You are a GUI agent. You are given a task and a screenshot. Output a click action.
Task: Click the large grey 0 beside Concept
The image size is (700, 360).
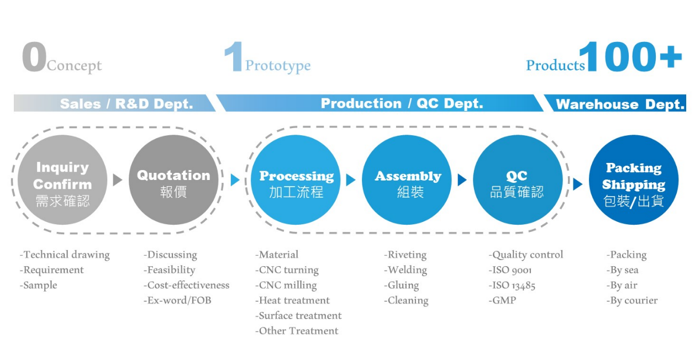[34, 56]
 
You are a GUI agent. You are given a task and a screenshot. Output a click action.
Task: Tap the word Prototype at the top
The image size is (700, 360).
[278, 66]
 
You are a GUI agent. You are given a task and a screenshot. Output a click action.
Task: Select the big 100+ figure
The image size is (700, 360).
[630, 56]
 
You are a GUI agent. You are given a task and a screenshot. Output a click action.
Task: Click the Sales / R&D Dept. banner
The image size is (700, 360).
[115, 103]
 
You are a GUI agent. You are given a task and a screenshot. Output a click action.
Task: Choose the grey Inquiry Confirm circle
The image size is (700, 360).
[62, 180]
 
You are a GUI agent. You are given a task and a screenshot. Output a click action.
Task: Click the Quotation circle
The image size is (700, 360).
[173, 180]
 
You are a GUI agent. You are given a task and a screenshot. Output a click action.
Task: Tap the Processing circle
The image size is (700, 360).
[296, 180]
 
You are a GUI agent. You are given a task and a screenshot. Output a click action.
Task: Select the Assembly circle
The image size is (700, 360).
[407, 180]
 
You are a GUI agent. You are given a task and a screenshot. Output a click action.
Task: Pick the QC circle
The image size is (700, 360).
[518, 180]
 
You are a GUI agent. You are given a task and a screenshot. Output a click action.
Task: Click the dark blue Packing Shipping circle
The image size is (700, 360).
[634, 180]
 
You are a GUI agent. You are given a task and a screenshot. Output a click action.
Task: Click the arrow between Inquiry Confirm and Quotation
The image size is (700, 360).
[117, 180]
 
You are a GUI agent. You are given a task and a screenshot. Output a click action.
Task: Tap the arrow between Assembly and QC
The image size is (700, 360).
[462, 180]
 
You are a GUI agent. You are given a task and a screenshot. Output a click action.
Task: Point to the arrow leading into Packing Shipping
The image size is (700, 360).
[578, 184]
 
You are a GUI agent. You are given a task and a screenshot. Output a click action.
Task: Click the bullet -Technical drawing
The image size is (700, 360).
[65, 255]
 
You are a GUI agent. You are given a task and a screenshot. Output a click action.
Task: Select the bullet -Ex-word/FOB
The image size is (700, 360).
[177, 300]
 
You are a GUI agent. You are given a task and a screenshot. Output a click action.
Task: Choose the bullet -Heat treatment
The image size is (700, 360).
[292, 300]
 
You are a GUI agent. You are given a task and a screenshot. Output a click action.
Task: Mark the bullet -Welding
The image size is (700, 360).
[406, 270]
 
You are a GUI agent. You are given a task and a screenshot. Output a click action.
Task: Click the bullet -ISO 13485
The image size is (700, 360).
[512, 285]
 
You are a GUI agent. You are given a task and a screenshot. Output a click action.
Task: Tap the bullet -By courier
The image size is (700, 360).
[632, 301]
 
